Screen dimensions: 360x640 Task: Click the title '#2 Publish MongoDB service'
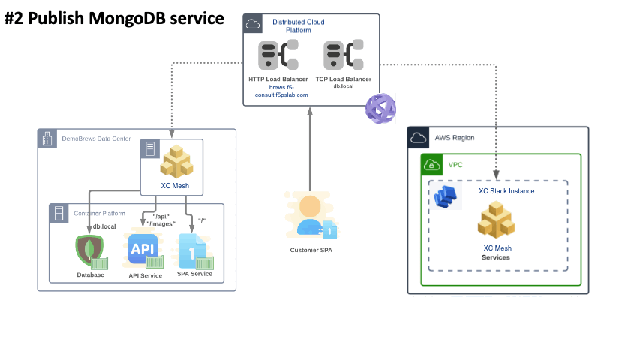tap(114, 18)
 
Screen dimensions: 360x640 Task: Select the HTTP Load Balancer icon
tap(278, 56)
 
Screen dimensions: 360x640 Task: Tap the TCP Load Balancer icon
tap(343, 56)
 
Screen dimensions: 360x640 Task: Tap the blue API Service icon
tap(143, 250)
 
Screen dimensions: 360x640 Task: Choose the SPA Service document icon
tap(191, 251)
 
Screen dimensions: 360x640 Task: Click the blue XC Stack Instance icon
tap(448, 196)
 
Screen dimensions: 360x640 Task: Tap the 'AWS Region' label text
tap(455, 138)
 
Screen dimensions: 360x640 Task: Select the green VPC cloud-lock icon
tap(432, 164)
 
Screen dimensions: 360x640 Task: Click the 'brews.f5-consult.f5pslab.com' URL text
tap(278, 91)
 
